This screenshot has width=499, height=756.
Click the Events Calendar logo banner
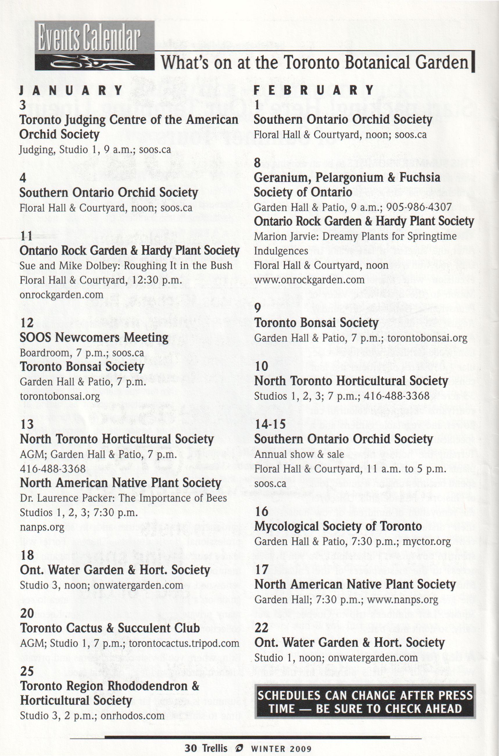click(94, 46)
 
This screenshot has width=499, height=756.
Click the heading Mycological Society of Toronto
click(338, 526)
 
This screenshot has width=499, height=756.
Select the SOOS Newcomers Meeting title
click(94, 338)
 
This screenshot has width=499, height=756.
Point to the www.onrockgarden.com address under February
click(309, 280)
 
